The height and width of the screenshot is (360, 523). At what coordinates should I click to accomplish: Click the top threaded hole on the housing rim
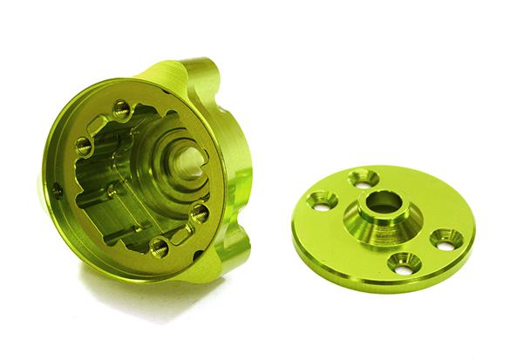pos(121,111)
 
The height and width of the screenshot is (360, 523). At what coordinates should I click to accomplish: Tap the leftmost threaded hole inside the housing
pos(84,147)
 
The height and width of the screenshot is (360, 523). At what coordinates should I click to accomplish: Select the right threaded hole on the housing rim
pos(200,212)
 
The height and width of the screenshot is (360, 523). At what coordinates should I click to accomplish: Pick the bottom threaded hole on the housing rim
pos(160,248)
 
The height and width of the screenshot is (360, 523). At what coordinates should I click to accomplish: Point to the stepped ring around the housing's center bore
pos(170,166)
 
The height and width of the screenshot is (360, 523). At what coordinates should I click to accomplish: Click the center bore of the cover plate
pos(384,203)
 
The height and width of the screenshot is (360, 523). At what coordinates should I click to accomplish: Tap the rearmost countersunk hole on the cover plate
pos(363,179)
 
